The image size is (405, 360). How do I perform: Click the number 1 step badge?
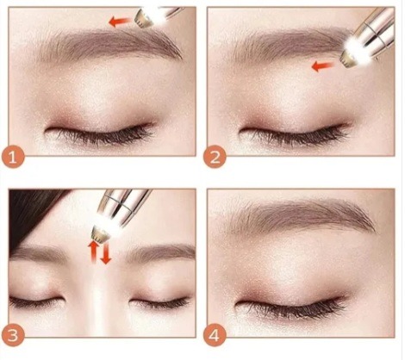click(13, 157)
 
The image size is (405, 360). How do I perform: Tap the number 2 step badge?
click(215, 157)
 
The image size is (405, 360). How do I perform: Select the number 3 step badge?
click(13, 335)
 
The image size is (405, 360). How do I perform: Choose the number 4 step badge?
click(215, 335)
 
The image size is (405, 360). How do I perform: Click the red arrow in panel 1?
click(120, 22)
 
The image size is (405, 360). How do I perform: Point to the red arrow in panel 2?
click(323, 66)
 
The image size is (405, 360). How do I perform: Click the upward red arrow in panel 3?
click(93, 251)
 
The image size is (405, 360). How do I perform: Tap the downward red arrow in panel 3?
click(106, 252)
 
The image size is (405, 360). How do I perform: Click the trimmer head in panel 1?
click(143, 18)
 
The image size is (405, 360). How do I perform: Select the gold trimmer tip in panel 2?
click(348, 59)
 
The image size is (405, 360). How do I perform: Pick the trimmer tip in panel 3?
click(101, 233)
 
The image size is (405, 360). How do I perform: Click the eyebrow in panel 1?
click(109, 46)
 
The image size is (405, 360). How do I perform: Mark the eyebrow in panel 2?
click(290, 46)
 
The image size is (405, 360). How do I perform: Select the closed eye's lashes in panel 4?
click(291, 307)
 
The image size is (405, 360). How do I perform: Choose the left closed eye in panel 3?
click(36, 301)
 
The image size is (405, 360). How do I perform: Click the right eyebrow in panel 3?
click(162, 251)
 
